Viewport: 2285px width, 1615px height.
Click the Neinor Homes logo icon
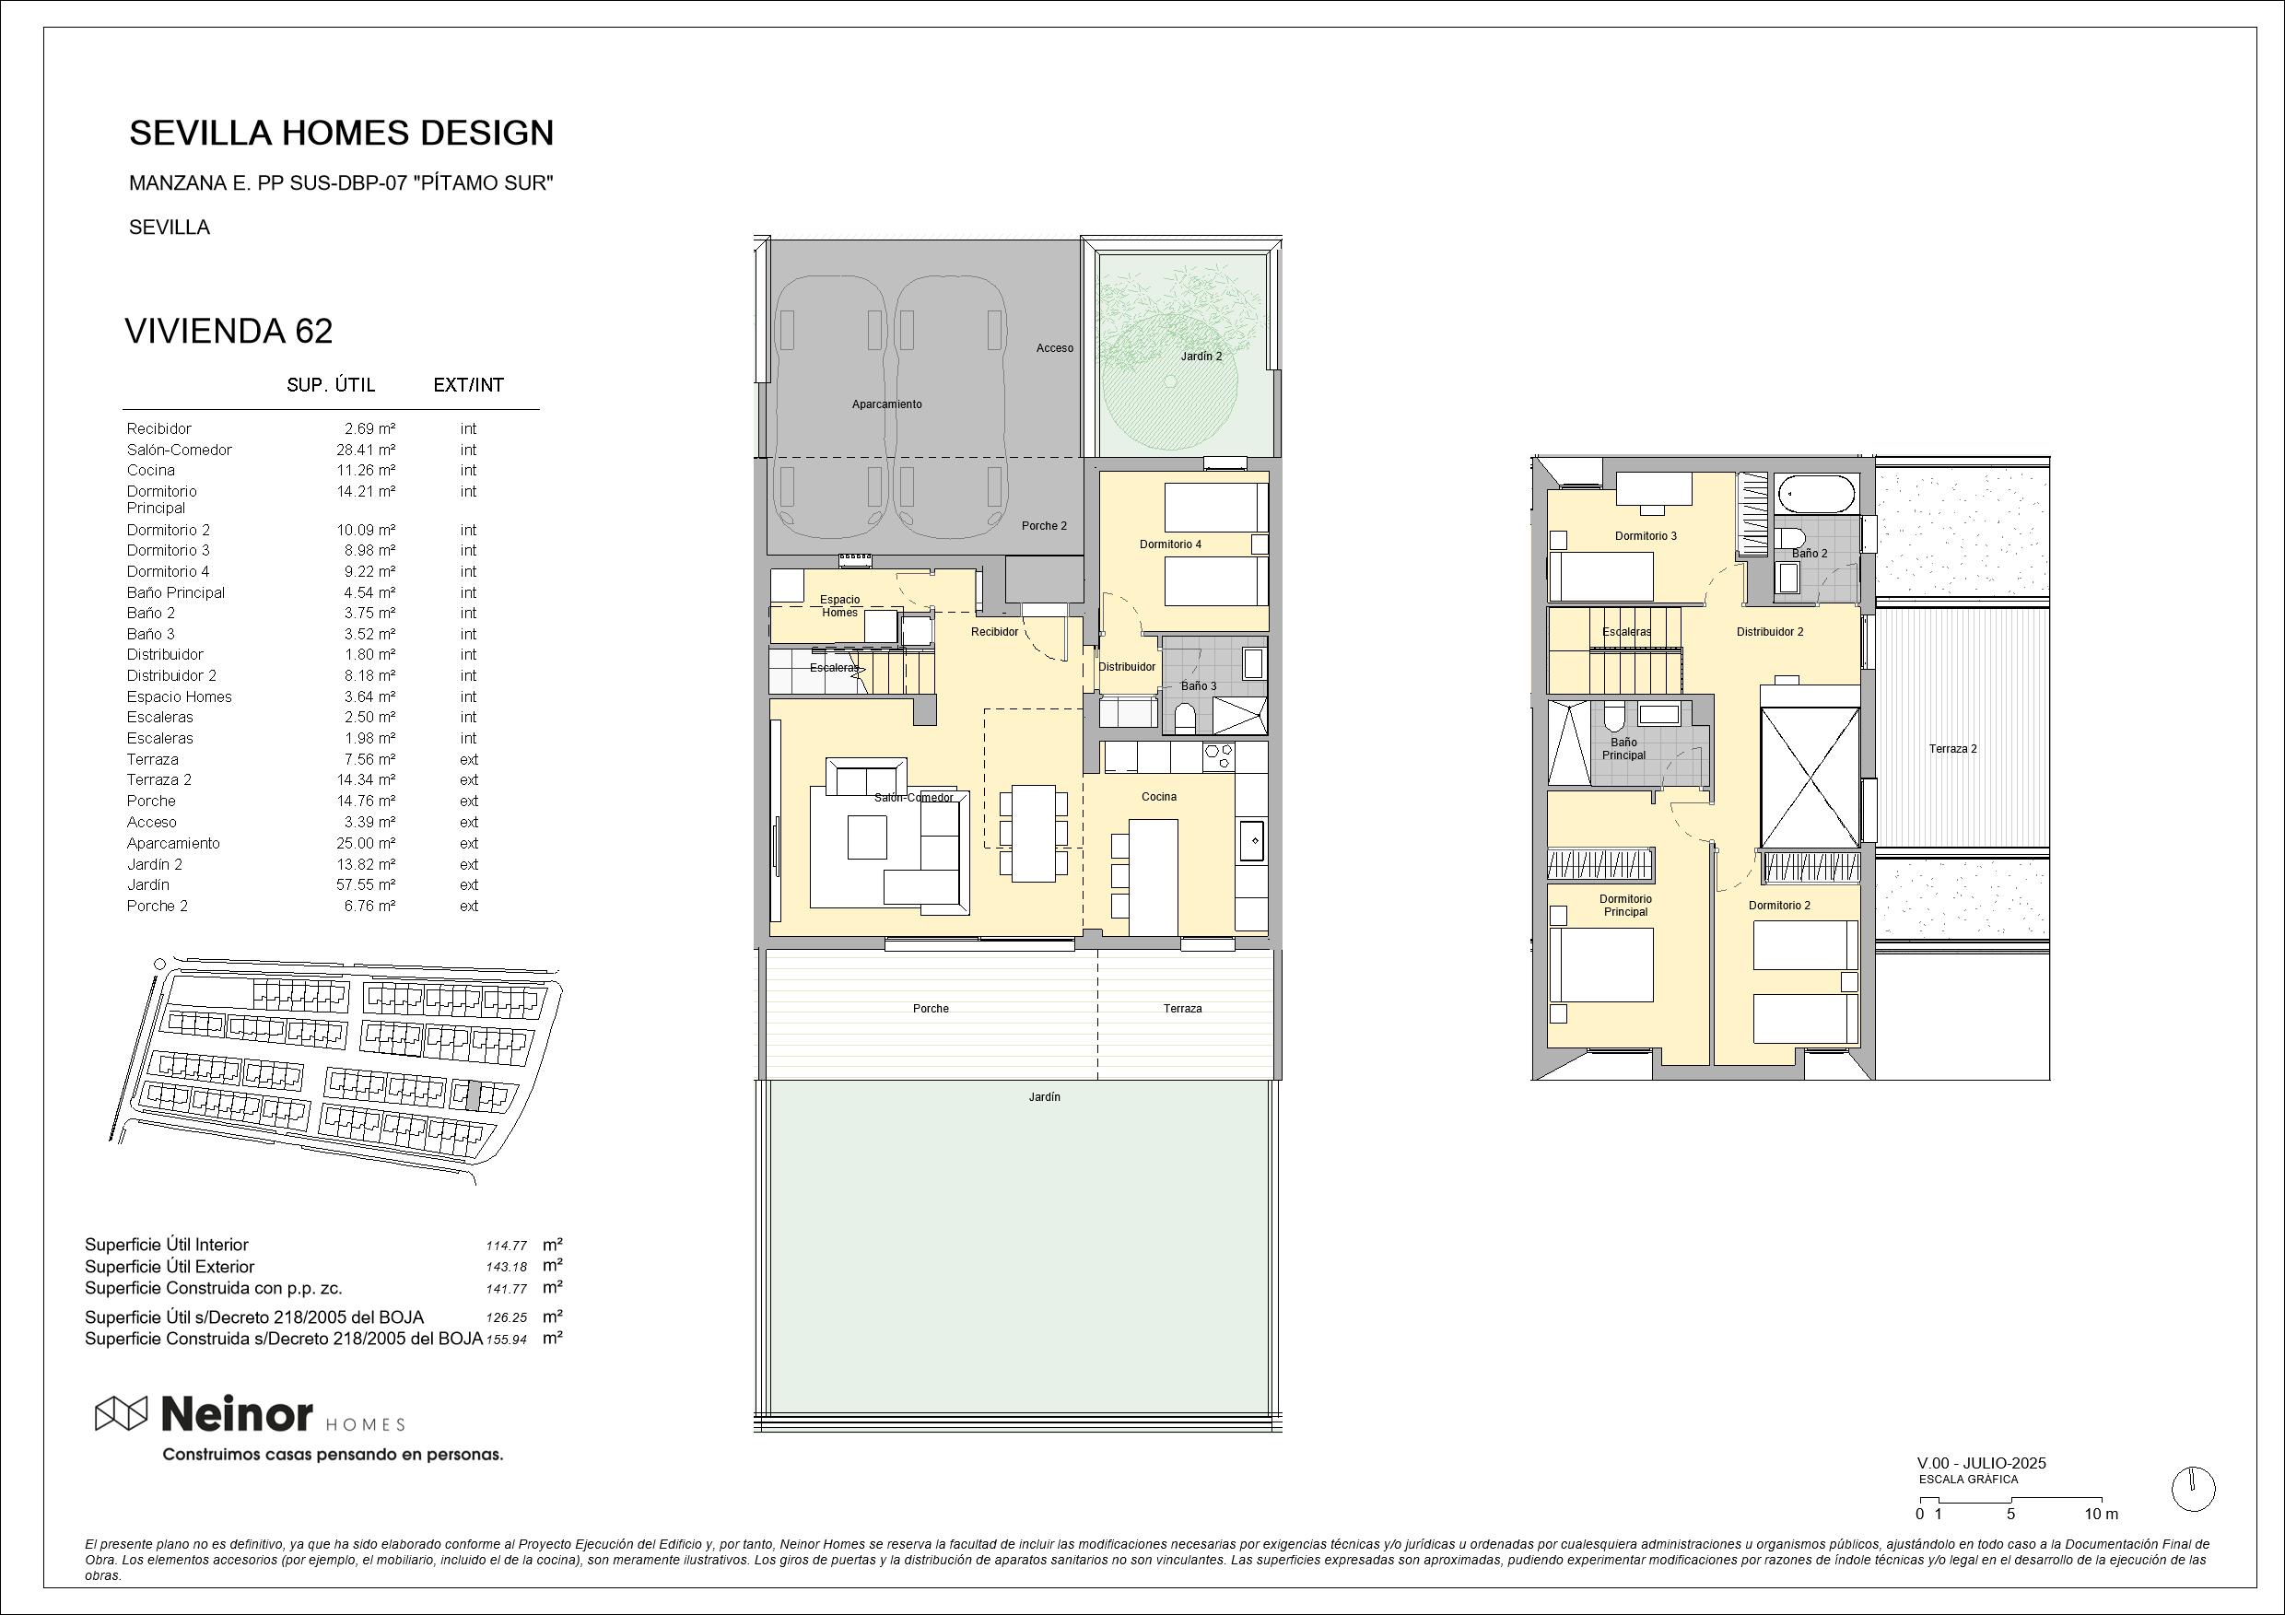click(x=122, y=1413)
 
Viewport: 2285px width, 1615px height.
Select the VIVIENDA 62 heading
click(x=228, y=332)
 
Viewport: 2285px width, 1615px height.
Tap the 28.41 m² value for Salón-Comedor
click(x=365, y=450)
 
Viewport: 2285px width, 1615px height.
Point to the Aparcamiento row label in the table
click(x=173, y=843)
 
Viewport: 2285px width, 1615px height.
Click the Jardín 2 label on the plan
click(x=1201, y=357)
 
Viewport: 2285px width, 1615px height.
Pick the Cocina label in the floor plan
click(x=1158, y=797)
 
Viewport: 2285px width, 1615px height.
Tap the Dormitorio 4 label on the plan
click(x=1170, y=544)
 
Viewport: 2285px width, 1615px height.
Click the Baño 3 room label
click(x=1198, y=685)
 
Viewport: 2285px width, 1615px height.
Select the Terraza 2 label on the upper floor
click(x=1952, y=749)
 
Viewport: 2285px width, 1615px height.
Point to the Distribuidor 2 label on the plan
click(x=1769, y=632)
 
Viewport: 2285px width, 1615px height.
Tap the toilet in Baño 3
click(x=1184, y=719)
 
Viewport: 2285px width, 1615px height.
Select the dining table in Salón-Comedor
click(x=1034, y=833)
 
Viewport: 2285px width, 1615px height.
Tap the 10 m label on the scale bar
click(x=2102, y=1515)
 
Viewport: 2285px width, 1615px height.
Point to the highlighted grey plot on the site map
click(x=474, y=1096)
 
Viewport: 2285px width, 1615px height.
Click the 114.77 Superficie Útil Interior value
click(x=506, y=1246)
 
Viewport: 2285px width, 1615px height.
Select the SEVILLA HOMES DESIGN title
click(x=341, y=133)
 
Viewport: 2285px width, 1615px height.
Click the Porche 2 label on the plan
click(x=1044, y=525)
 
